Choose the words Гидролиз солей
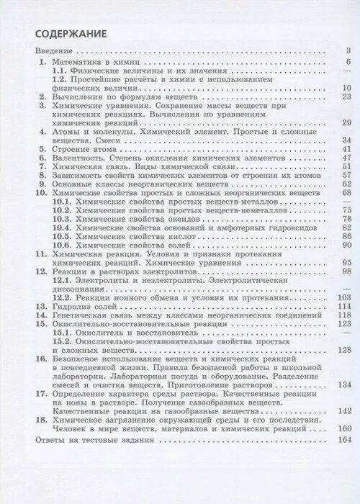click(x=86, y=306)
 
